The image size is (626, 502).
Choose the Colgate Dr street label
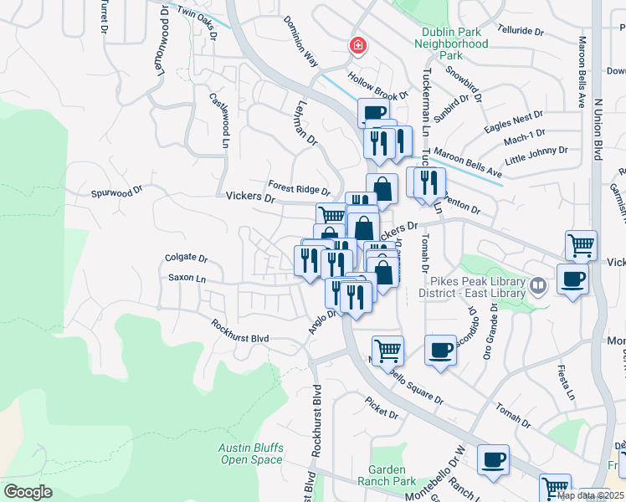[186, 259]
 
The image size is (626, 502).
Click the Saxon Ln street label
[186, 277]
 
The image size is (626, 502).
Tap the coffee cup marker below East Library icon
[572, 279]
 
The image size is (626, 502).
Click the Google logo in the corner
[28, 492]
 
